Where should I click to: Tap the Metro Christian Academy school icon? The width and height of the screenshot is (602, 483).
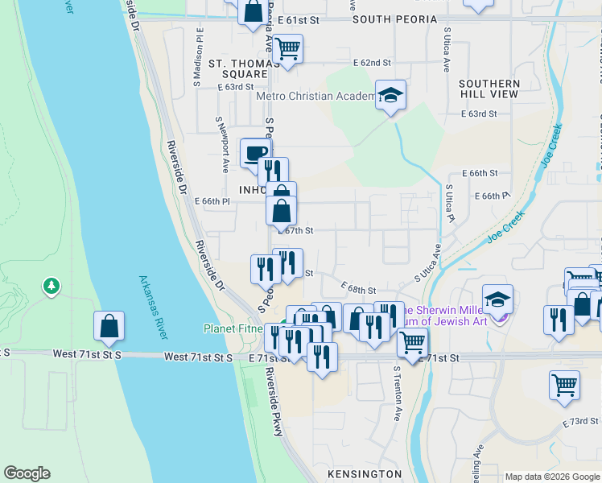pos(391,96)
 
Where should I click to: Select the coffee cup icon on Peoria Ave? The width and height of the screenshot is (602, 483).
pos(256,152)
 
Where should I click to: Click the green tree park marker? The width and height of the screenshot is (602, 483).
pos(52,286)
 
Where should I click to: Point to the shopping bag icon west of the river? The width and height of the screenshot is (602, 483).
pos(109,326)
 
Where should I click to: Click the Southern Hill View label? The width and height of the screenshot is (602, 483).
pos(489,89)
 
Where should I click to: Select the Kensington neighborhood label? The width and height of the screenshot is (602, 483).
pos(365,473)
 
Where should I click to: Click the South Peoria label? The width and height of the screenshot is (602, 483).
pos(394,19)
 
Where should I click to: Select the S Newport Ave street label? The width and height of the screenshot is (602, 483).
pos(222,143)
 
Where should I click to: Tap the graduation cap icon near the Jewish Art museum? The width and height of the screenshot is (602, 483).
pos(497,299)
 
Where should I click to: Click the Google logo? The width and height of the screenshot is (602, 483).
pos(27,473)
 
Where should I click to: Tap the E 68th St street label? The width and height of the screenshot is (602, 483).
pos(359,288)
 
